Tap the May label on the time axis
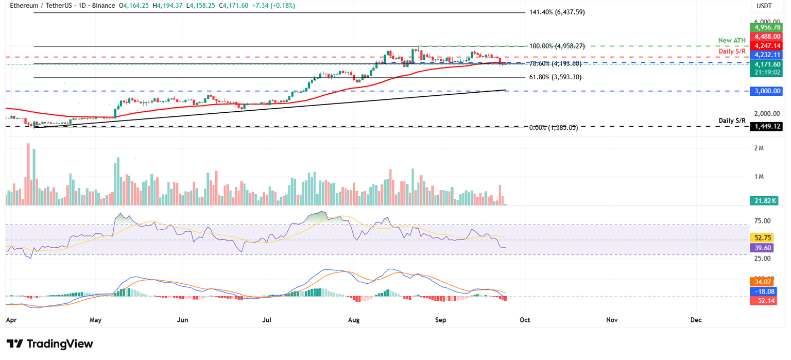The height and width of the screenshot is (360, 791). pyautogui.click(x=95, y=320)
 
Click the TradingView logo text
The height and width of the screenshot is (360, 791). pyautogui.click(x=59, y=344)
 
